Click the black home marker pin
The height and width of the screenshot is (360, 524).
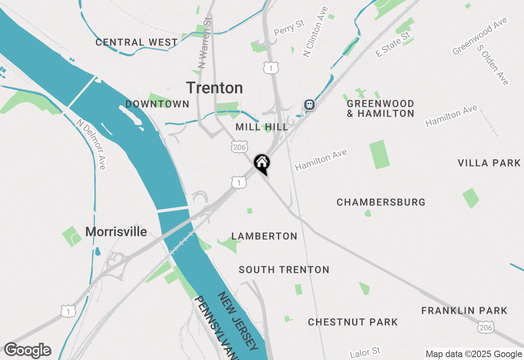click(262, 163)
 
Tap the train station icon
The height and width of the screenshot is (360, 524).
click(309, 105)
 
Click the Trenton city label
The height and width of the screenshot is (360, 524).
click(215, 88)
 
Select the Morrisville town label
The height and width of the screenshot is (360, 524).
click(116, 232)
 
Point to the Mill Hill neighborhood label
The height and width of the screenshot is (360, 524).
click(262, 127)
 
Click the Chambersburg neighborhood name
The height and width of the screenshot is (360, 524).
click(381, 202)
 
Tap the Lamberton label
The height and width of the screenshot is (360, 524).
click(264, 236)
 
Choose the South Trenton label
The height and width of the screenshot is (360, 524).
click(284, 270)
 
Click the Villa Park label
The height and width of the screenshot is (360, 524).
click(489, 163)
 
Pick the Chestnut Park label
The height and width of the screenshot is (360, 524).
click(353, 322)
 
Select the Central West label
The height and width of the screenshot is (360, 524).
click(137, 42)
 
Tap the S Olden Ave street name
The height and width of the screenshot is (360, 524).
click(493, 65)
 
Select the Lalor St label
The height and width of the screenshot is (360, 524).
click(365, 353)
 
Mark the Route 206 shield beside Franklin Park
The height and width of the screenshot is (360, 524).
click(485, 327)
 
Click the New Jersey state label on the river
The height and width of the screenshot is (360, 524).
click(237, 322)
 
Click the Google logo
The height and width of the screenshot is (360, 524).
click(27, 351)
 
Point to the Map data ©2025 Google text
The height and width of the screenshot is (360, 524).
click(474, 354)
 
